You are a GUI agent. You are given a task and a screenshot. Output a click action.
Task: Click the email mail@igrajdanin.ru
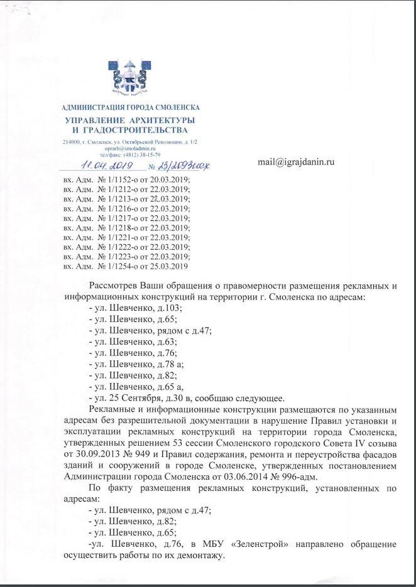point(296,161)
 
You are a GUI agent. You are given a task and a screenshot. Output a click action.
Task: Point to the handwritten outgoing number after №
point(183,166)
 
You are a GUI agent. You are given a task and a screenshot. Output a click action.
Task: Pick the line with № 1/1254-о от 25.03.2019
point(126,267)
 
